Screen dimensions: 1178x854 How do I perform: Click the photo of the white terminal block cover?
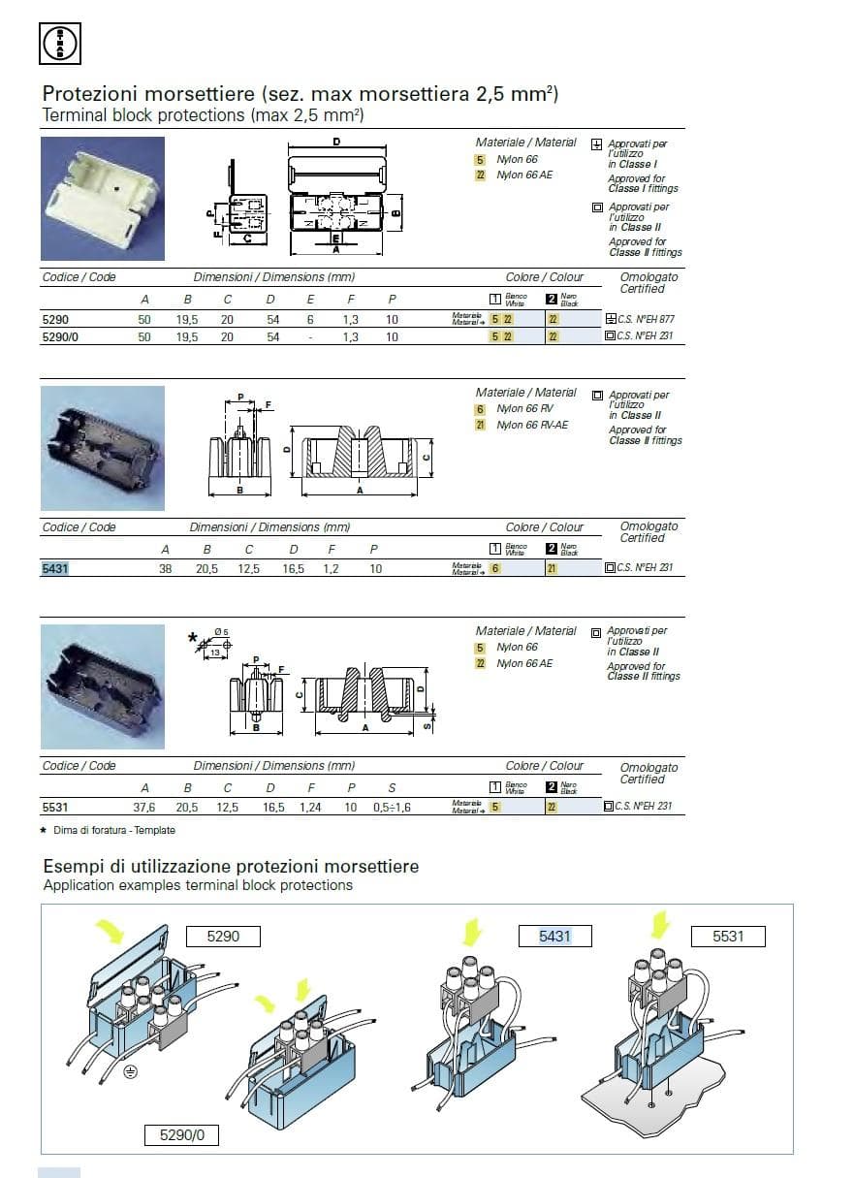click(x=102, y=199)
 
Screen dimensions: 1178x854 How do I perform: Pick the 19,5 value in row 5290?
click(x=187, y=319)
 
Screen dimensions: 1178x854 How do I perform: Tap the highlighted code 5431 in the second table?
click(x=55, y=569)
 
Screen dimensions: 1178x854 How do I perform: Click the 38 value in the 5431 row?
click(x=165, y=569)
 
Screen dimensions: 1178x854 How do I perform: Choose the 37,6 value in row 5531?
click(x=144, y=807)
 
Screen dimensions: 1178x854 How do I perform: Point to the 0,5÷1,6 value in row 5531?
click(x=392, y=807)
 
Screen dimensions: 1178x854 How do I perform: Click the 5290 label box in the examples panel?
click(x=223, y=937)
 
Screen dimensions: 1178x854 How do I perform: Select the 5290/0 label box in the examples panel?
click(x=181, y=1134)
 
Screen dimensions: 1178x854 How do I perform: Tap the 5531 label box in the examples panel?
click(x=728, y=937)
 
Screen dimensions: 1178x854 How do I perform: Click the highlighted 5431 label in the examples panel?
click(x=555, y=937)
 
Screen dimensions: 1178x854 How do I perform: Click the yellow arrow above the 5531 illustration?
click(x=660, y=924)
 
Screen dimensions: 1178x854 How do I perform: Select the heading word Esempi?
click(x=73, y=866)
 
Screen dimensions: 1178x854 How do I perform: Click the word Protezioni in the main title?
click(x=85, y=95)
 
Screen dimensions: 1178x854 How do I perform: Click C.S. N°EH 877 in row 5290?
click(x=645, y=319)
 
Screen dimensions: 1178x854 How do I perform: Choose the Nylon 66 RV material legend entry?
click(x=524, y=409)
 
